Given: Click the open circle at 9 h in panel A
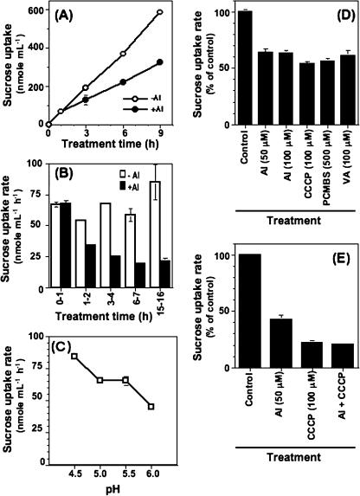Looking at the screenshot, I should click(x=160, y=13).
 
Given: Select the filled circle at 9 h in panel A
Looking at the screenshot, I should click(x=160, y=62).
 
